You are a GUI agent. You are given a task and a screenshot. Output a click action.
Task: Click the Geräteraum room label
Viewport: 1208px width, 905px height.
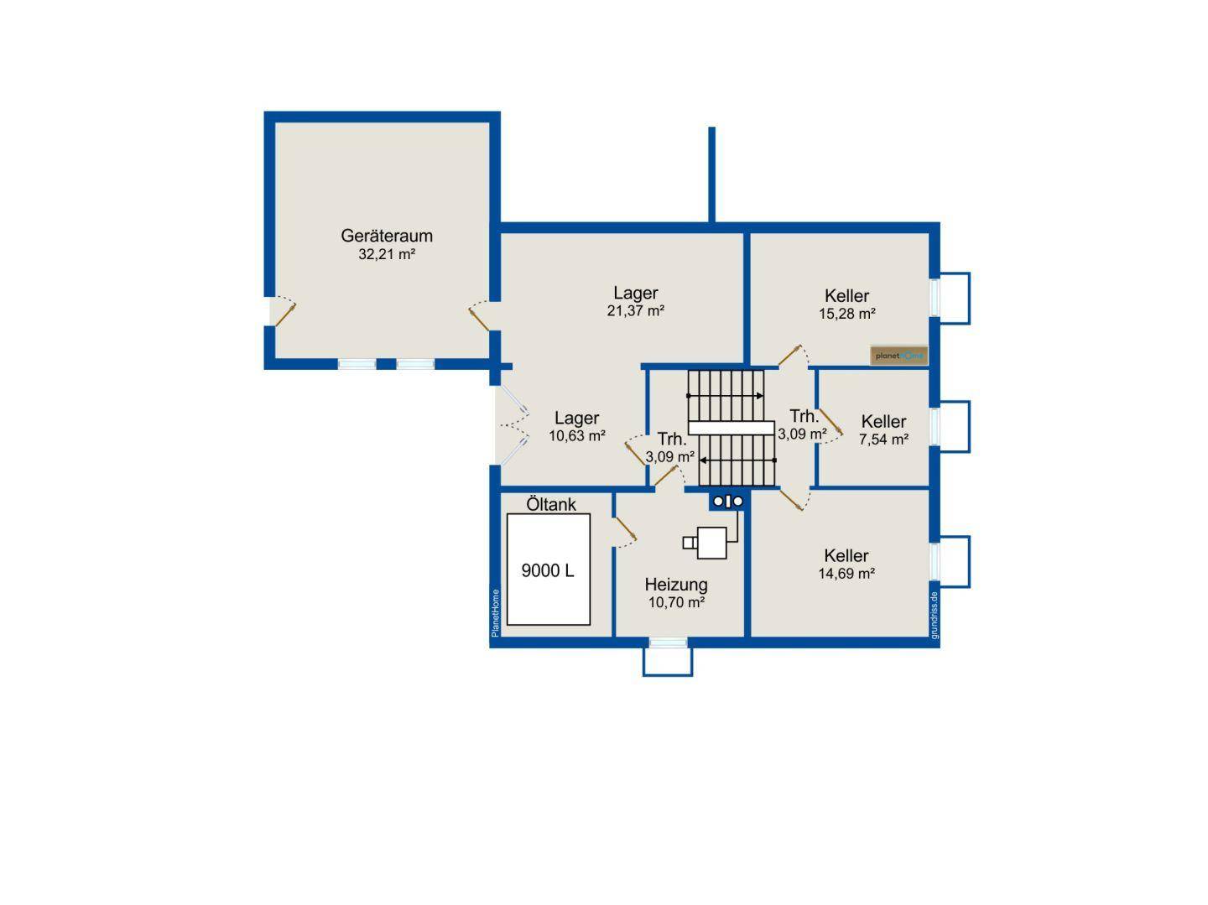387,236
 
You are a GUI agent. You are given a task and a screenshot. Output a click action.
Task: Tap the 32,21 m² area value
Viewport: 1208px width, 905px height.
387,254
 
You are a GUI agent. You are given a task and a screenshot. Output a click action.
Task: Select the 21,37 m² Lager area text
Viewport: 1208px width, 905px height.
635,311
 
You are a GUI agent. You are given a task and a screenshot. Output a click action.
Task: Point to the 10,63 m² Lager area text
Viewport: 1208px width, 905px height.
577,435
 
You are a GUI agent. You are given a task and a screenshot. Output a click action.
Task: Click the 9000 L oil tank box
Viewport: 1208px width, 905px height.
548,570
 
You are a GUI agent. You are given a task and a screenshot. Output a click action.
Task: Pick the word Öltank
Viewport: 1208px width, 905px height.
551,504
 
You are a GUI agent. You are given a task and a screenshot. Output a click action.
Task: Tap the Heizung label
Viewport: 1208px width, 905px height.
676,585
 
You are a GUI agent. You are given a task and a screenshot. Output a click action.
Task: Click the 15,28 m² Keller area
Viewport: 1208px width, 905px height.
847,314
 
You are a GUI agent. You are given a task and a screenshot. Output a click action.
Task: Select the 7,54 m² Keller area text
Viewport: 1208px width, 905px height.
884,439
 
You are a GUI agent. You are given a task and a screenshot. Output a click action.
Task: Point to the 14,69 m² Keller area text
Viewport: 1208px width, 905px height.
846,574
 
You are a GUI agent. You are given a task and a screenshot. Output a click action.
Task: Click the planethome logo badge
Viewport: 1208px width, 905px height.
898,356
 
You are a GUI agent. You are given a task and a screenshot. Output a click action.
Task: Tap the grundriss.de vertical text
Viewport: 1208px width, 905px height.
934,615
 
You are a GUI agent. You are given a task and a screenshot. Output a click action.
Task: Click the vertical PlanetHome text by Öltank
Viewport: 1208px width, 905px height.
495,613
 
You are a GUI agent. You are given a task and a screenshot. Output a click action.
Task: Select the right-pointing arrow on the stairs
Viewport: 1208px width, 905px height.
726,396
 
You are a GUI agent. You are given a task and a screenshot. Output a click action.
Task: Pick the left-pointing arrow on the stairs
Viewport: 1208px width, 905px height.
737,460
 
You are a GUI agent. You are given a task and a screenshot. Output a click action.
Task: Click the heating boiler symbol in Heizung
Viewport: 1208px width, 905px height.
711,543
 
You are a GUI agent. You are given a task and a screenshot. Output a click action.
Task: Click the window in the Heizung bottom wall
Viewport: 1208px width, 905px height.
668,642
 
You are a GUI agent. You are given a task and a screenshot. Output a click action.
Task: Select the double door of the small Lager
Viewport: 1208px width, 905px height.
512,425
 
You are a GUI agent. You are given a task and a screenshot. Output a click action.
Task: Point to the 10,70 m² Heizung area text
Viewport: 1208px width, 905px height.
676,602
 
